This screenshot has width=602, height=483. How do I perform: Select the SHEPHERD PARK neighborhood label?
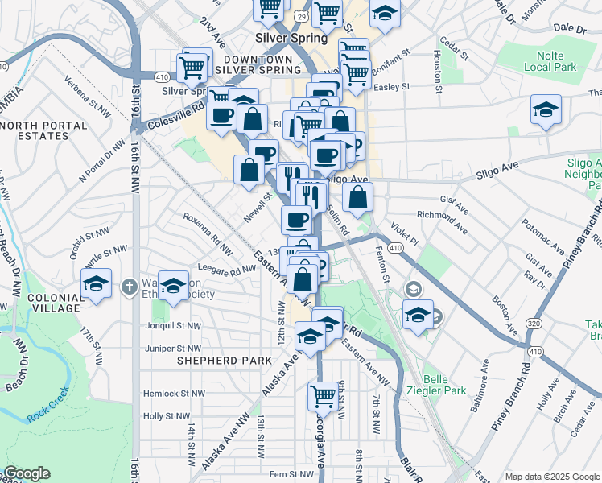point(225,361)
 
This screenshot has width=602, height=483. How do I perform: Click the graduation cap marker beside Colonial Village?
point(96,283)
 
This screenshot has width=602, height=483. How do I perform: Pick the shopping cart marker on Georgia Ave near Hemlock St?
point(322,394)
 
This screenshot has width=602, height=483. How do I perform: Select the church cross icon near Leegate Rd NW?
point(129,287)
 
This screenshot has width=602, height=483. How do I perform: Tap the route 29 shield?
point(299,16)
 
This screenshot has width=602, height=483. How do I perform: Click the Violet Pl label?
point(404,233)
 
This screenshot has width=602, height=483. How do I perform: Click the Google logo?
point(27,473)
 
